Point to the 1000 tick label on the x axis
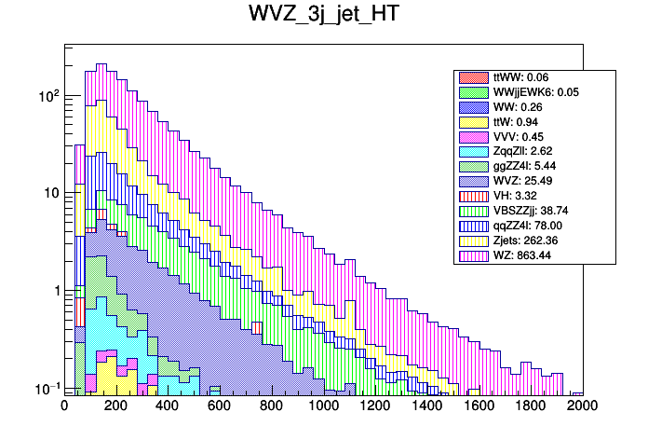click(323, 406)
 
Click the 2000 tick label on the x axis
click(583, 406)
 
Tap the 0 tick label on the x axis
click(64, 406)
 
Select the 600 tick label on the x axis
click(220, 406)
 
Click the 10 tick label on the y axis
click(48, 193)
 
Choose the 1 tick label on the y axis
click(53, 291)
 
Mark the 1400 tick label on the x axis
click(426, 406)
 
